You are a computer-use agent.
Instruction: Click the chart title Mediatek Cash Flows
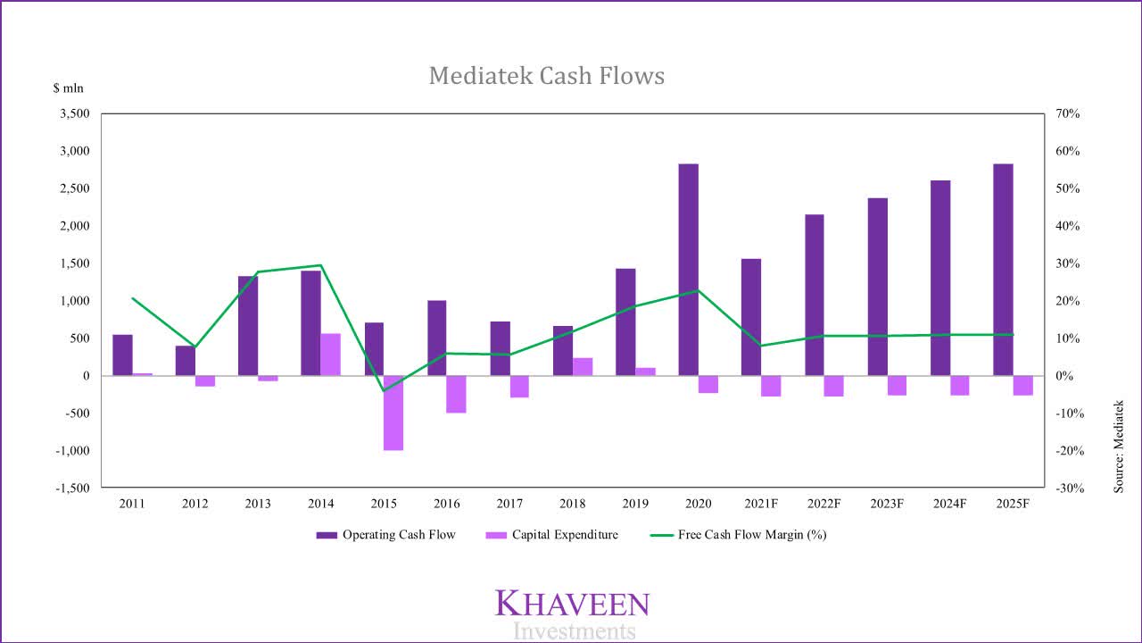click(546, 76)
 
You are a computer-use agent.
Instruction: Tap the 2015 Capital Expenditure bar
click(393, 413)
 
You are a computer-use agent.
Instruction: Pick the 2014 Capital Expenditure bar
click(330, 355)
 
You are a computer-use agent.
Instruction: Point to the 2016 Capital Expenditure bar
click(456, 394)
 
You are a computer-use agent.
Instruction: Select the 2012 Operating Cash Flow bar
click(185, 361)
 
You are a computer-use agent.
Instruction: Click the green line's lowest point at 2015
click(384, 391)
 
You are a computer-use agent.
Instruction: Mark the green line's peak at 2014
click(320, 265)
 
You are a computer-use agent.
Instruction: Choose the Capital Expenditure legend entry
click(552, 535)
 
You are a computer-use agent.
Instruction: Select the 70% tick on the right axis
click(1068, 114)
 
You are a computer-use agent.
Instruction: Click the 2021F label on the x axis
click(761, 504)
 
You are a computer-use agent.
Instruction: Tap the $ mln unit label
click(67, 88)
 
